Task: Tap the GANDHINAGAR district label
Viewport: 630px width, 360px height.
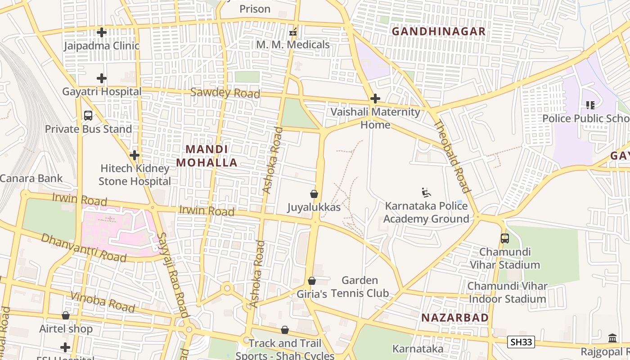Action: click(438, 31)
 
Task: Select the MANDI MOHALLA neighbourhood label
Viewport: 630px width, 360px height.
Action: click(207, 156)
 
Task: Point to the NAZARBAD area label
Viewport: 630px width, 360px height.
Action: click(454, 318)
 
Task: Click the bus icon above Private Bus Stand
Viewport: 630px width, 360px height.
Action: click(88, 116)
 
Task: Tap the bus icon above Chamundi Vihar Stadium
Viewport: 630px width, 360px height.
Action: click(504, 238)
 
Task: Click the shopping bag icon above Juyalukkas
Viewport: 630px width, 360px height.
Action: click(314, 194)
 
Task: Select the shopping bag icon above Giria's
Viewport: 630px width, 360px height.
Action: click(311, 281)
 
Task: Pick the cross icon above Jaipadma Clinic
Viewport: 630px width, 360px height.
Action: click(102, 32)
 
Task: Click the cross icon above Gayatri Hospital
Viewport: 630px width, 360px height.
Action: click(102, 78)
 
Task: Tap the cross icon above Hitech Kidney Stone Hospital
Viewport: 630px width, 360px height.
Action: click(134, 155)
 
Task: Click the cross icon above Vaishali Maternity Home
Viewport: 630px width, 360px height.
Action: click(375, 99)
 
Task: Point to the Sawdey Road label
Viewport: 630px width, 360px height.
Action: click(225, 93)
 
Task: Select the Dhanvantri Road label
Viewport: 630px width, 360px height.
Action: click(84, 247)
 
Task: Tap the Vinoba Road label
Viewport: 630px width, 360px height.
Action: click(103, 302)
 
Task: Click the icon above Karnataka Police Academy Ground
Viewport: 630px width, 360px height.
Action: click(426, 193)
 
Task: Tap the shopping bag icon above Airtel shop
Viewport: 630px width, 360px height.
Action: click(66, 315)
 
